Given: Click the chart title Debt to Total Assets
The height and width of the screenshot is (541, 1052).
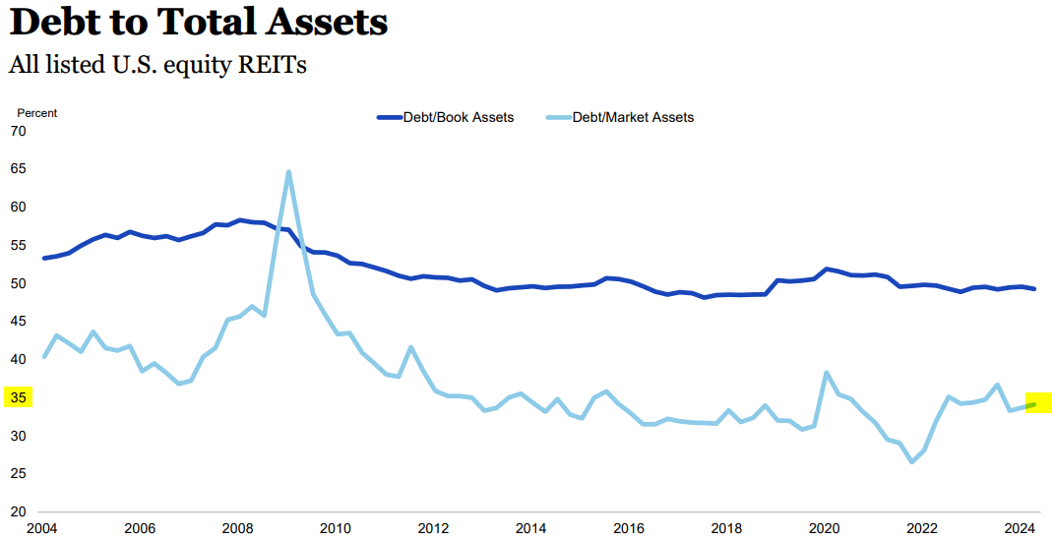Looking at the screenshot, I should [x=198, y=23].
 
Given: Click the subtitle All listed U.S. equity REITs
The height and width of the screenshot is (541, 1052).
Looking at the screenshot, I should [x=157, y=65].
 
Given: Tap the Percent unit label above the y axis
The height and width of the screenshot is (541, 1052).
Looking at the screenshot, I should [x=37, y=113].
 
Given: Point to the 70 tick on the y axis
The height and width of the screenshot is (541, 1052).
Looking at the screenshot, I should [x=18, y=131].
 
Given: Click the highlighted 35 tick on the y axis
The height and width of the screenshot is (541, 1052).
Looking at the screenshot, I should [x=18, y=397].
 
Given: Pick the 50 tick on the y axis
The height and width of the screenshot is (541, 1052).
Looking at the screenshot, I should [x=18, y=283].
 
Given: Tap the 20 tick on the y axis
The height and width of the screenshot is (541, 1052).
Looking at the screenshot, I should [x=18, y=511].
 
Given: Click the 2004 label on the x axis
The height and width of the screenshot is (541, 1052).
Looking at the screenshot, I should [x=43, y=528].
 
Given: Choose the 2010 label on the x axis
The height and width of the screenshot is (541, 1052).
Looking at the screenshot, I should [x=337, y=528].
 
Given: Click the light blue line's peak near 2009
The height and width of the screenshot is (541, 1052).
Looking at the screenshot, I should [x=288, y=171].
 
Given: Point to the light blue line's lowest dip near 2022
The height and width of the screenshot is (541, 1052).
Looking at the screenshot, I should [x=912, y=461].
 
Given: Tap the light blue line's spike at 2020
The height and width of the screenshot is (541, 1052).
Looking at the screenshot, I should [x=826, y=373].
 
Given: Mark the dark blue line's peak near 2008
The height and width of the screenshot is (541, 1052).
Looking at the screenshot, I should [x=239, y=220].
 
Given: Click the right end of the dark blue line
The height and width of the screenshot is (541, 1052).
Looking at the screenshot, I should [x=1033, y=288].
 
